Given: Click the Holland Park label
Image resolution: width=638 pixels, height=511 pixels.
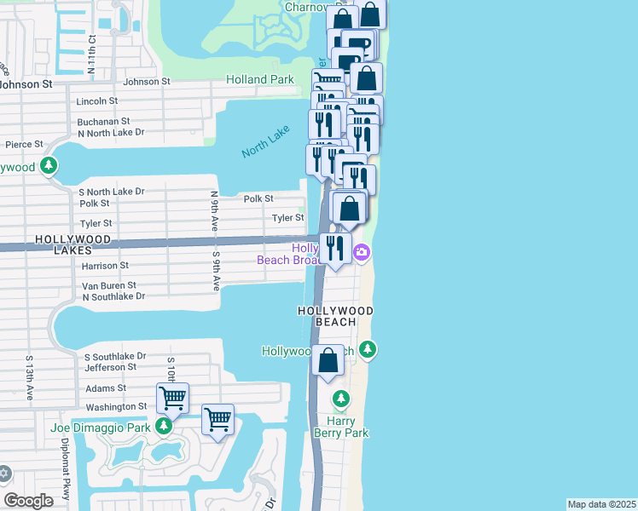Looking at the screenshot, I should (259, 80).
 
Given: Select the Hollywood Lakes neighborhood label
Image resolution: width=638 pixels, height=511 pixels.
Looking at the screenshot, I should (73, 240).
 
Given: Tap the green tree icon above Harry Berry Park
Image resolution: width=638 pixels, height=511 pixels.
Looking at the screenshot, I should (341, 399).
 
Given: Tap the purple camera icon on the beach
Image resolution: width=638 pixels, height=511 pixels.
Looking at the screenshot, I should (362, 251).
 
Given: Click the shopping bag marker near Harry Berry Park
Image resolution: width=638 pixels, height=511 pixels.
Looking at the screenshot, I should (328, 361).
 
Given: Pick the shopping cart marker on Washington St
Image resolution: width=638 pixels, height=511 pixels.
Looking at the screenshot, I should (172, 398).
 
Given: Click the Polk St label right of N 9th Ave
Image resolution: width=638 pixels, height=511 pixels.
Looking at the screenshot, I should (258, 198).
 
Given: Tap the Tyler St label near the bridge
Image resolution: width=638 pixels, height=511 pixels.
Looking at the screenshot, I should (287, 218).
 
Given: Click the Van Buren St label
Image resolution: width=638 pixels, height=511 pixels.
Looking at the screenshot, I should (108, 285).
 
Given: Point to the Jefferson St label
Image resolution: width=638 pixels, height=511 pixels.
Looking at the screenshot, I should (110, 367).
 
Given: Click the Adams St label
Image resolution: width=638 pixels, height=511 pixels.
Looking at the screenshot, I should (105, 388).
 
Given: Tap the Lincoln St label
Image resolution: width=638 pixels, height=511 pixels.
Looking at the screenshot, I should (97, 100).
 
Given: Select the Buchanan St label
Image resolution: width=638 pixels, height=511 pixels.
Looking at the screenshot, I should (102, 122).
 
